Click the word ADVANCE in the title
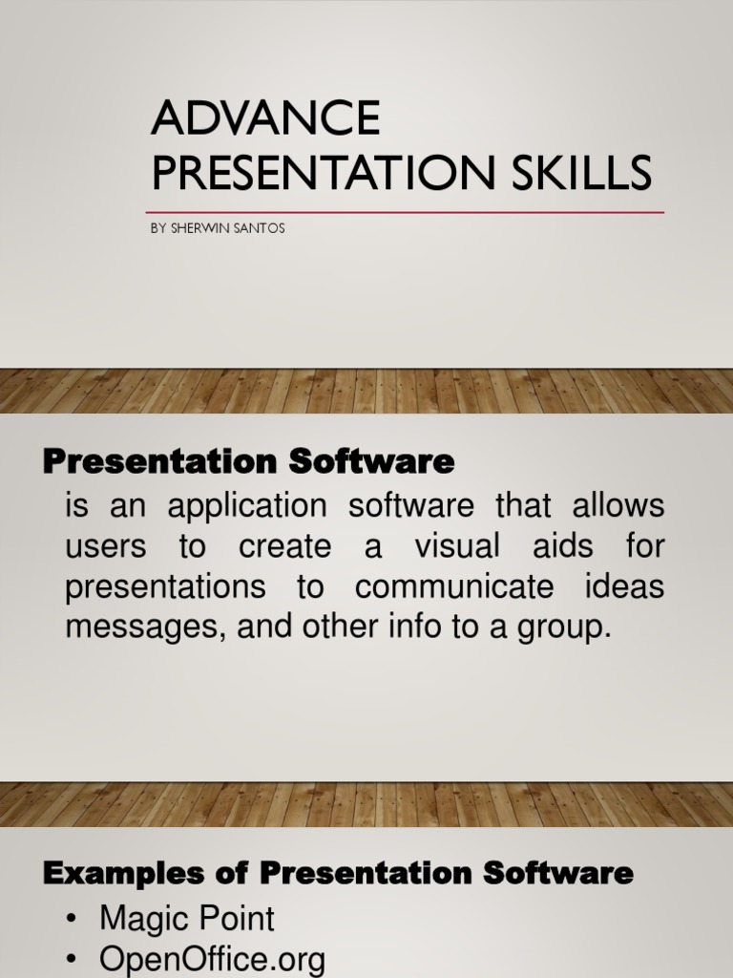pos(265,117)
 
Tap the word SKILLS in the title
pos(581,172)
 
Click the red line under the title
pos(405,213)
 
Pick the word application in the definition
pos(247,506)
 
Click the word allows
pos(618,504)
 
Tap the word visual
pos(457,545)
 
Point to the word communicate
pos(454,586)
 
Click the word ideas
pos(624,585)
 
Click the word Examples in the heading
pos(123,873)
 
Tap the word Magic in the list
pos(141,919)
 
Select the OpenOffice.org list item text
pos(212,959)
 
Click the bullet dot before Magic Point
pos(73,920)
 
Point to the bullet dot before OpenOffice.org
pos(73,959)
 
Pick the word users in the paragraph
pos(106,546)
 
